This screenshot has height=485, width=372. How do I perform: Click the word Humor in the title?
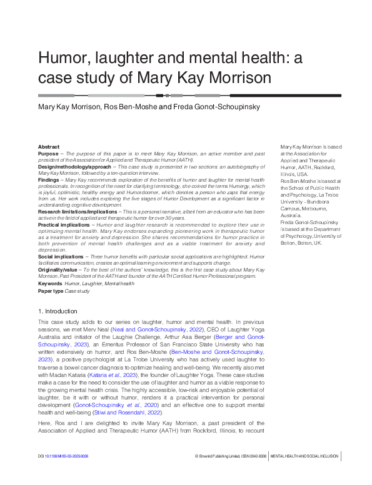pyautogui.click(x=61, y=59)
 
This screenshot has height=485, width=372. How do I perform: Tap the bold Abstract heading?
pyautogui.click(x=48, y=146)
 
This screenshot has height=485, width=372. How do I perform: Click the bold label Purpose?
pyautogui.click(x=48, y=153)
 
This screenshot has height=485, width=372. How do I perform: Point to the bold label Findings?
pyautogui.click(x=49, y=180)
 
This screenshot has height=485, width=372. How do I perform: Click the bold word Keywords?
pyautogui.click(x=49, y=283)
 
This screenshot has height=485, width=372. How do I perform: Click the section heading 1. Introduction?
pyautogui.click(x=58, y=310)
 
